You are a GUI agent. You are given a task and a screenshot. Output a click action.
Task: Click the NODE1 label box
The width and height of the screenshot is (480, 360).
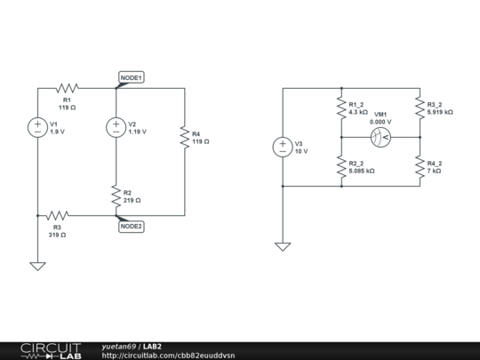(131, 77)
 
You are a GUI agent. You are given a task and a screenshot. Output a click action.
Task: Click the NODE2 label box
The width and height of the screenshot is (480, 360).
(131, 226)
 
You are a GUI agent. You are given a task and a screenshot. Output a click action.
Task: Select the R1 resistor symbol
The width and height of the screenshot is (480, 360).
(68, 88)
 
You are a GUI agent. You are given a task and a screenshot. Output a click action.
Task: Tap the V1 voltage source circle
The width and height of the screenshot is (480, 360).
(38, 127)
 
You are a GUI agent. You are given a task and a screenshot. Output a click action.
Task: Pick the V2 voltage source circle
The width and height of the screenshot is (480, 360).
(116, 127)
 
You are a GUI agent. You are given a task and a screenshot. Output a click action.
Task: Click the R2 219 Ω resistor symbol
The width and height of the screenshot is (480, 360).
(116, 196)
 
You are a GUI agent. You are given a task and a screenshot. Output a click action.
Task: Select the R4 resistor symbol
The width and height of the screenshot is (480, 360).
(185, 140)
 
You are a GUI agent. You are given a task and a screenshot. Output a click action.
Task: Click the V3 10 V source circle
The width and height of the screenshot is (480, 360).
(283, 147)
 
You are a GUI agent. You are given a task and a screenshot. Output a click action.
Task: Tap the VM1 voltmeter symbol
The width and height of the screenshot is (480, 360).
(380, 137)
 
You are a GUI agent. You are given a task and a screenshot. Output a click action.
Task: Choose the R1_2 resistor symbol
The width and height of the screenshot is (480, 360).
(341, 108)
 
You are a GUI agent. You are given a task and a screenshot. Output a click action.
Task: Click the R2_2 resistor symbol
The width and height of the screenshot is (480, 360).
(341, 166)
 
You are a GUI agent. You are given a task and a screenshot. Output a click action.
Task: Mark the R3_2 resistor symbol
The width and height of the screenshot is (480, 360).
(420, 108)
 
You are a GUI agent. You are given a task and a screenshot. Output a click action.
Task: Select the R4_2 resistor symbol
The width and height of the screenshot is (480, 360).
(420, 166)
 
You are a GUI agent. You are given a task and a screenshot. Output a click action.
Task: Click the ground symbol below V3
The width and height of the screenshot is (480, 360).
(283, 247)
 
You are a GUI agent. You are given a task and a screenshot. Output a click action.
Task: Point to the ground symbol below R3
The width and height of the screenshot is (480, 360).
(38, 265)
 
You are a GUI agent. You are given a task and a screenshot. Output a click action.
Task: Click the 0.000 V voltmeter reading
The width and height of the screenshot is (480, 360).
(380, 122)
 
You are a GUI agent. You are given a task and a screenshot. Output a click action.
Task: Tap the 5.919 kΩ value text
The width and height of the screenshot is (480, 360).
(440, 113)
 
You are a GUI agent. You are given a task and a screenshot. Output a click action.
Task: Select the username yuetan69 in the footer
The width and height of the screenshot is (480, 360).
(119, 346)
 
